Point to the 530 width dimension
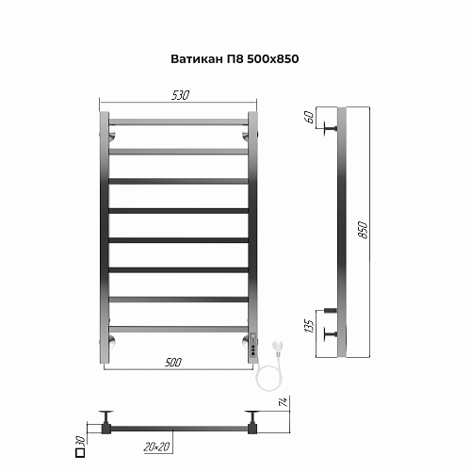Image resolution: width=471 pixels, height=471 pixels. pos(180,95)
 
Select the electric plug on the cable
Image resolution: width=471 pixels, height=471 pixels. pos(277,349)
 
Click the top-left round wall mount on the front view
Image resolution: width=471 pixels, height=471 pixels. pos(111,138)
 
